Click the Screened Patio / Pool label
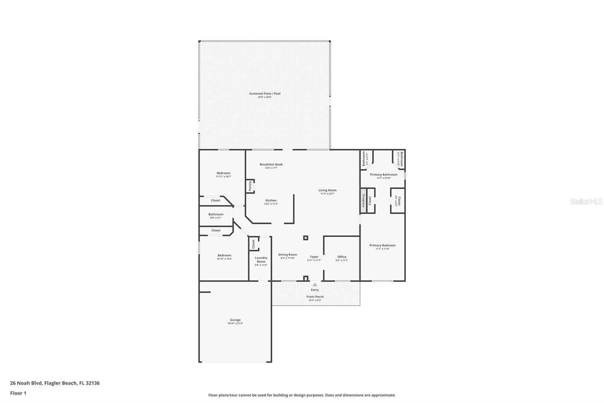265,94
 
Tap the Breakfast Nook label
271,164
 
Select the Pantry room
250,186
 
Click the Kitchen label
271,200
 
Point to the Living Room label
327,191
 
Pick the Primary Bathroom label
384,175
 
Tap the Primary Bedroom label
382,245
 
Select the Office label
342,257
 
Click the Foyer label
314,257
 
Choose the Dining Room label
288,255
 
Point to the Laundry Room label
261,260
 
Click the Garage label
235,320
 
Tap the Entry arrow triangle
314,285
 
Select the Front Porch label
315,297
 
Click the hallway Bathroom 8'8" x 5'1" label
216,214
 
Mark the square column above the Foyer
306,238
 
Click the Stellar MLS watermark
586,202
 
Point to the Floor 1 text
18,393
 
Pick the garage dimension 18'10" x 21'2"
235,324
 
